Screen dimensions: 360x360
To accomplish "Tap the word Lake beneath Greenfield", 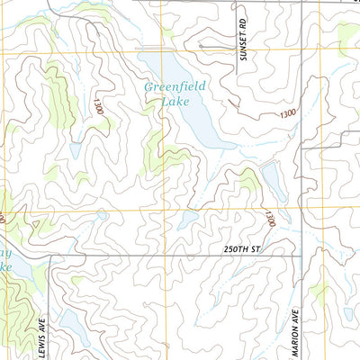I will (x=175, y=102).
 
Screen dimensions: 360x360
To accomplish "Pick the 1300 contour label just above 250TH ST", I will (x=268, y=218).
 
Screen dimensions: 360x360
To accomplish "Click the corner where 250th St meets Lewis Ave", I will (x=50, y=256).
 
